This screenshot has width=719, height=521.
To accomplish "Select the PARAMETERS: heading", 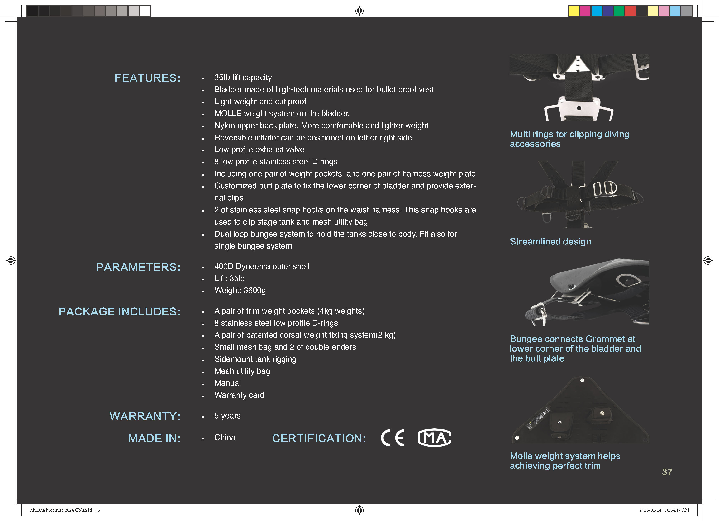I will (x=138, y=267).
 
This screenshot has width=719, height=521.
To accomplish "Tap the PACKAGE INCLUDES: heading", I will (x=120, y=311).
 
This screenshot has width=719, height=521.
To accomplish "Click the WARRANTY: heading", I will (x=145, y=416).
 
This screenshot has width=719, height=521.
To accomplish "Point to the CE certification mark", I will (x=393, y=438).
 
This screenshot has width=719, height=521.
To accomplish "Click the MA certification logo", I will (x=434, y=438).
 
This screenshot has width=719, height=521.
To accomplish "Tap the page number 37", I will (x=667, y=472).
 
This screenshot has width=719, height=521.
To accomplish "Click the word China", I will (x=225, y=438).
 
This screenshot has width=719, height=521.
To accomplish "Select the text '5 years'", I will (x=227, y=416).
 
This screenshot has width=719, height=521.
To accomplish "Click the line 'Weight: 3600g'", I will (x=240, y=290).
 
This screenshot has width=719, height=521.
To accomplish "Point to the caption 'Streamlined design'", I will (x=550, y=241).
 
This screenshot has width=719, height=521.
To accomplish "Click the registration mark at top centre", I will (x=359, y=11).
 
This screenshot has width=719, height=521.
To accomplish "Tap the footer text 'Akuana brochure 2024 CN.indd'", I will (x=61, y=510).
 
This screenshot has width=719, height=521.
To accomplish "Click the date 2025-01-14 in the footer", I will (x=650, y=510).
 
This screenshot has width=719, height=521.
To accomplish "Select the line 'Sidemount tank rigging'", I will (x=255, y=359).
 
